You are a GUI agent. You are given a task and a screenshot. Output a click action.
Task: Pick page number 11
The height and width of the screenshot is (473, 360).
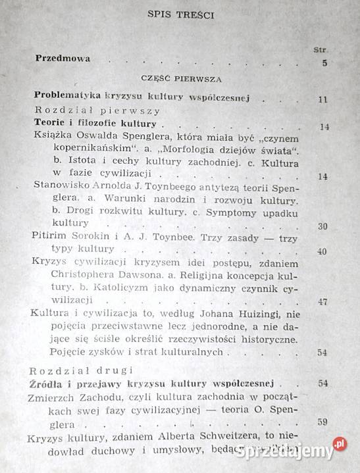(322, 99)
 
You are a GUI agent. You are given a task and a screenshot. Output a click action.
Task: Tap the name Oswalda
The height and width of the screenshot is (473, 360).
(103, 136)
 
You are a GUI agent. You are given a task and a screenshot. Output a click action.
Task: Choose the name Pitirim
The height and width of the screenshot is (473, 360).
(52, 236)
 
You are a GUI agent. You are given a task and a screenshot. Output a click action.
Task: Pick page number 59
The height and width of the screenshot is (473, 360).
(322, 423)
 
